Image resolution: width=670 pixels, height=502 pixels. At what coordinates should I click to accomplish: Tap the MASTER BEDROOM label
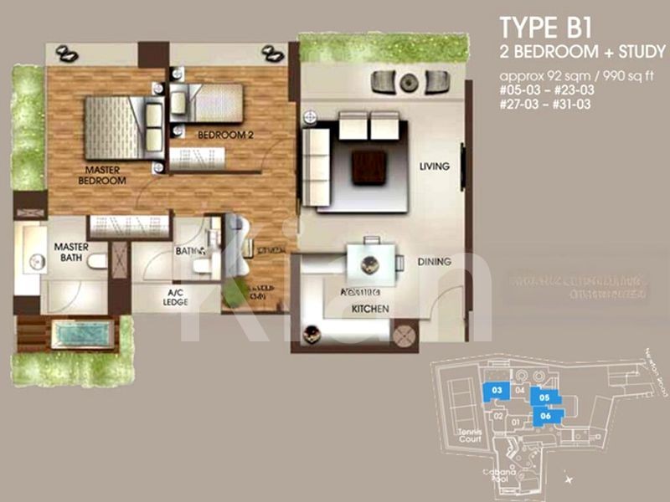pos(101,174)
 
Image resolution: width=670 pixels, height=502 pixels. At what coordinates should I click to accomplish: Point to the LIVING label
pos(435,166)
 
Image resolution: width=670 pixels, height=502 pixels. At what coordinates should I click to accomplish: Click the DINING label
pos(435,262)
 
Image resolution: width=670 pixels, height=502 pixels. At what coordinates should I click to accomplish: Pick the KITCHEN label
pos(370,309)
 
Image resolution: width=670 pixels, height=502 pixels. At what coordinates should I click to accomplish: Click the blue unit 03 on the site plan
pos(497,390)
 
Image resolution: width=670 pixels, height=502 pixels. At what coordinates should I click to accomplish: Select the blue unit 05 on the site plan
pos(544,398)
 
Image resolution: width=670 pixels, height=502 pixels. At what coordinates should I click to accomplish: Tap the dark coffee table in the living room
pos(369,166)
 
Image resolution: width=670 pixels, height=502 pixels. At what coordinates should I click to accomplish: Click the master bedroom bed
pos(115,127)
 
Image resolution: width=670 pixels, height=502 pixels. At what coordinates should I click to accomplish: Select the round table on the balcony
pos(409,82)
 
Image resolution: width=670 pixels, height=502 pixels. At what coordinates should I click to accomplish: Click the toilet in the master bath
pos(96,261)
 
